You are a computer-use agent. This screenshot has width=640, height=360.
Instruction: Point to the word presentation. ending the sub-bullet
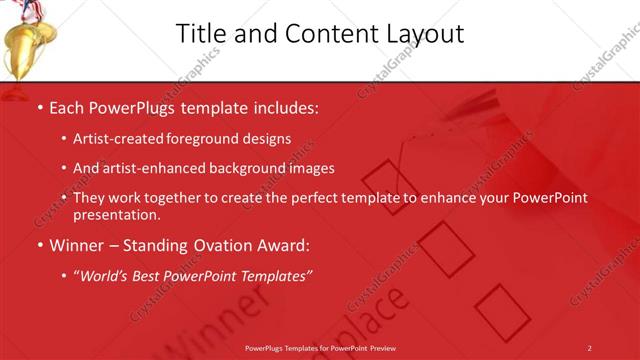click(x=116, y=214)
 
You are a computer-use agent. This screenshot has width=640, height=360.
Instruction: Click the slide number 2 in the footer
click(x=589, y=348)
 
